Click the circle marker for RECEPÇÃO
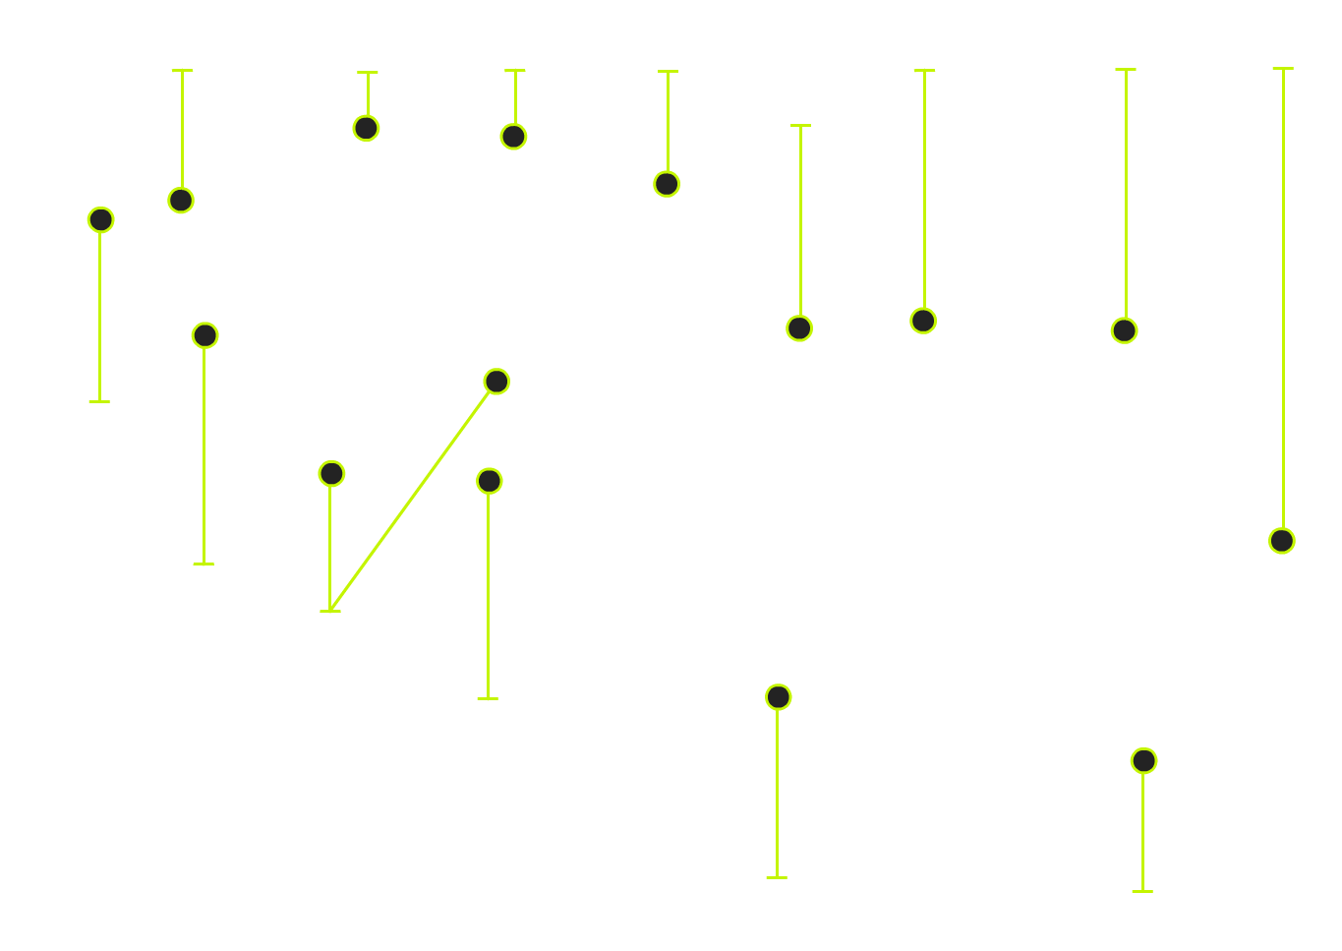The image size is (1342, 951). pos(1281,541)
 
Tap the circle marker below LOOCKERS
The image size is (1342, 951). pos(366,128)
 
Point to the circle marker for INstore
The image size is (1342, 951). pos(1124,330)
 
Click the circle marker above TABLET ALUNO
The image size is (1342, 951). pos(489,481)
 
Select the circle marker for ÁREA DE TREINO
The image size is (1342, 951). pos(778,697)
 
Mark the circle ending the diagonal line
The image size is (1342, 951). pos(496,382)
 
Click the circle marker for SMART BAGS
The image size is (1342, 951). pos(204,335)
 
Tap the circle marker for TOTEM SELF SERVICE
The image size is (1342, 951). pos(799,328)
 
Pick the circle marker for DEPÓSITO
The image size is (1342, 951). pos(513,137)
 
